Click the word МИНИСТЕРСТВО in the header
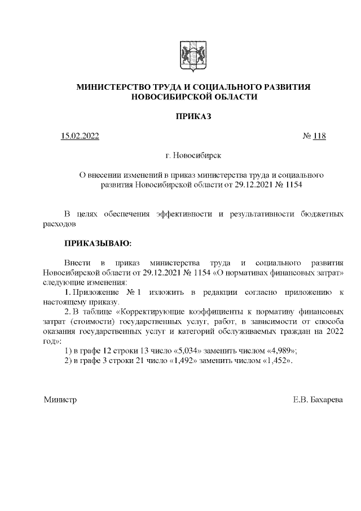point(111,87)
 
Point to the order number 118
point(319,136)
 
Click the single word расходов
point(59,224)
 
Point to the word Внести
point(77,263)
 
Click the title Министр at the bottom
point(60,400)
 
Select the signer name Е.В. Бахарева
point(318,400)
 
